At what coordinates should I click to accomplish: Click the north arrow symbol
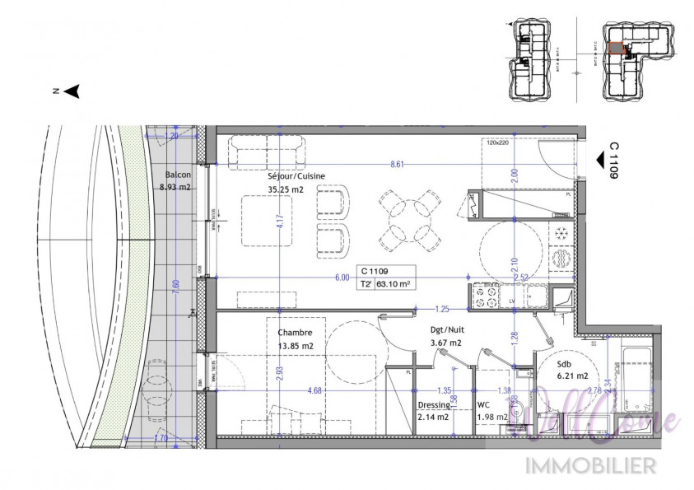pos(71,91)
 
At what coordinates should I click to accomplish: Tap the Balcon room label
pos(179,175)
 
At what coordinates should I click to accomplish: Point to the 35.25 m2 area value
pos(286,189)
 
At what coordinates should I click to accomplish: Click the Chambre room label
pos(295,332)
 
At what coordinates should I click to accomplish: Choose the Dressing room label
pos(434,405)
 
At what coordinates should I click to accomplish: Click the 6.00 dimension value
pos(342,278)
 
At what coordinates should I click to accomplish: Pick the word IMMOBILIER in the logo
pos(590,464)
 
